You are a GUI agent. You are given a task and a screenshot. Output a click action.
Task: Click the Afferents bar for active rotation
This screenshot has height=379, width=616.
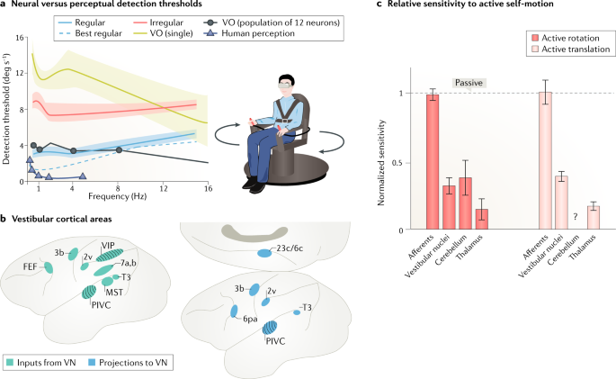coord(433,162)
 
